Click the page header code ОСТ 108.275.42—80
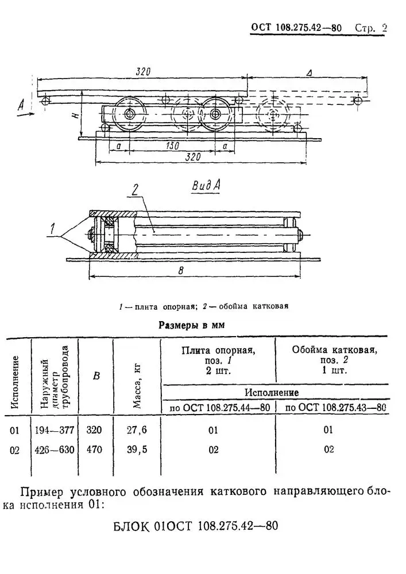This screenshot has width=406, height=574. [x=296, y=28]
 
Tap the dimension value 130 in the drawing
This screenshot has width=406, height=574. [x=172, y=146]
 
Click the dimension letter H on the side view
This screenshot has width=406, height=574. [x=75, y=115]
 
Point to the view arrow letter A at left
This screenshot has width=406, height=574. [x=21, y=106]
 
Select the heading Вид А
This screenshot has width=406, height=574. [x=206, y=186]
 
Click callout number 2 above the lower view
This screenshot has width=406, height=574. [x=136, y=190]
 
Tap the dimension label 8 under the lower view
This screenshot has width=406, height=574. [x=181, y=271]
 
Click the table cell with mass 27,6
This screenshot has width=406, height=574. [x=137, y=429]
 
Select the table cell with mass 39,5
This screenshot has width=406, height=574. [x=137, y=449]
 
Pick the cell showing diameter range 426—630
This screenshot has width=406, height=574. [x=55, y=449]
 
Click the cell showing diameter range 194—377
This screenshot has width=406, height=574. [x=55, y=429]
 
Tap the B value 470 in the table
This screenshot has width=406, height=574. [x=94, y=449]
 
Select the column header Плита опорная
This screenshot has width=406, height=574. [x=218, y=350]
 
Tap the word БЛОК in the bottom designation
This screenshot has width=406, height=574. [x=132, y=526]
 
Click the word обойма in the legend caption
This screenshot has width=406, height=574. [x=233, y=306]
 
